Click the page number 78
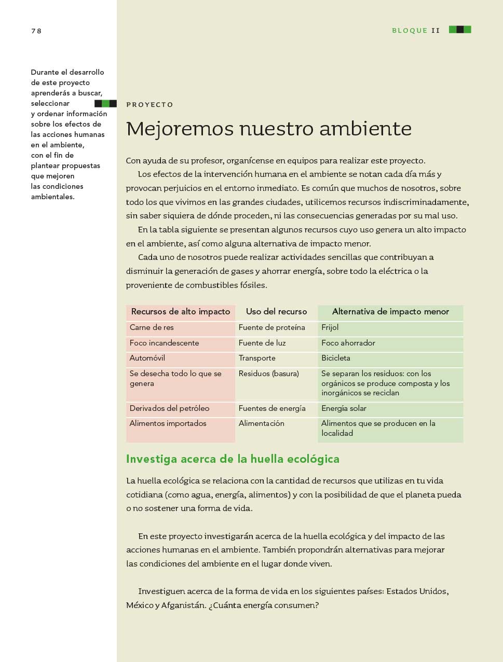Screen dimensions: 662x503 [36, 31]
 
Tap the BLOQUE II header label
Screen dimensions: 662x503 [416, 31]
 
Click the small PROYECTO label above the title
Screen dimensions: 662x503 [149, 105]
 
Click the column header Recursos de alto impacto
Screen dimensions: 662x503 [181, 312]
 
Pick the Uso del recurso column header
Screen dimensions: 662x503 [276, 312]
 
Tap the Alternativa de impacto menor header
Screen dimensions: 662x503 [390, 312]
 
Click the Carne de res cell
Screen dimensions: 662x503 [152, 328]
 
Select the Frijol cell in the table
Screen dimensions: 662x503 [330, 328]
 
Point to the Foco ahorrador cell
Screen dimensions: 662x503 [348, 343]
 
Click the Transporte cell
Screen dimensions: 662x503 [257, 358]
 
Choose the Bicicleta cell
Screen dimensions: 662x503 [336, 358]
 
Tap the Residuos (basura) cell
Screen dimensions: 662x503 [268, 374]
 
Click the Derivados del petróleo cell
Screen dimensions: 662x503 [169, 409]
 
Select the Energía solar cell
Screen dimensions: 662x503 [344, 409]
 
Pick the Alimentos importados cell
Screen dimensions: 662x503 [168, 424]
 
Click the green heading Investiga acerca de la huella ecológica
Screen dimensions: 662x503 [233, 459]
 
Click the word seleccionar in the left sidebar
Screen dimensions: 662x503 [50, 104]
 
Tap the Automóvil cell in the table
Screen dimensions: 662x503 [147, 358]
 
